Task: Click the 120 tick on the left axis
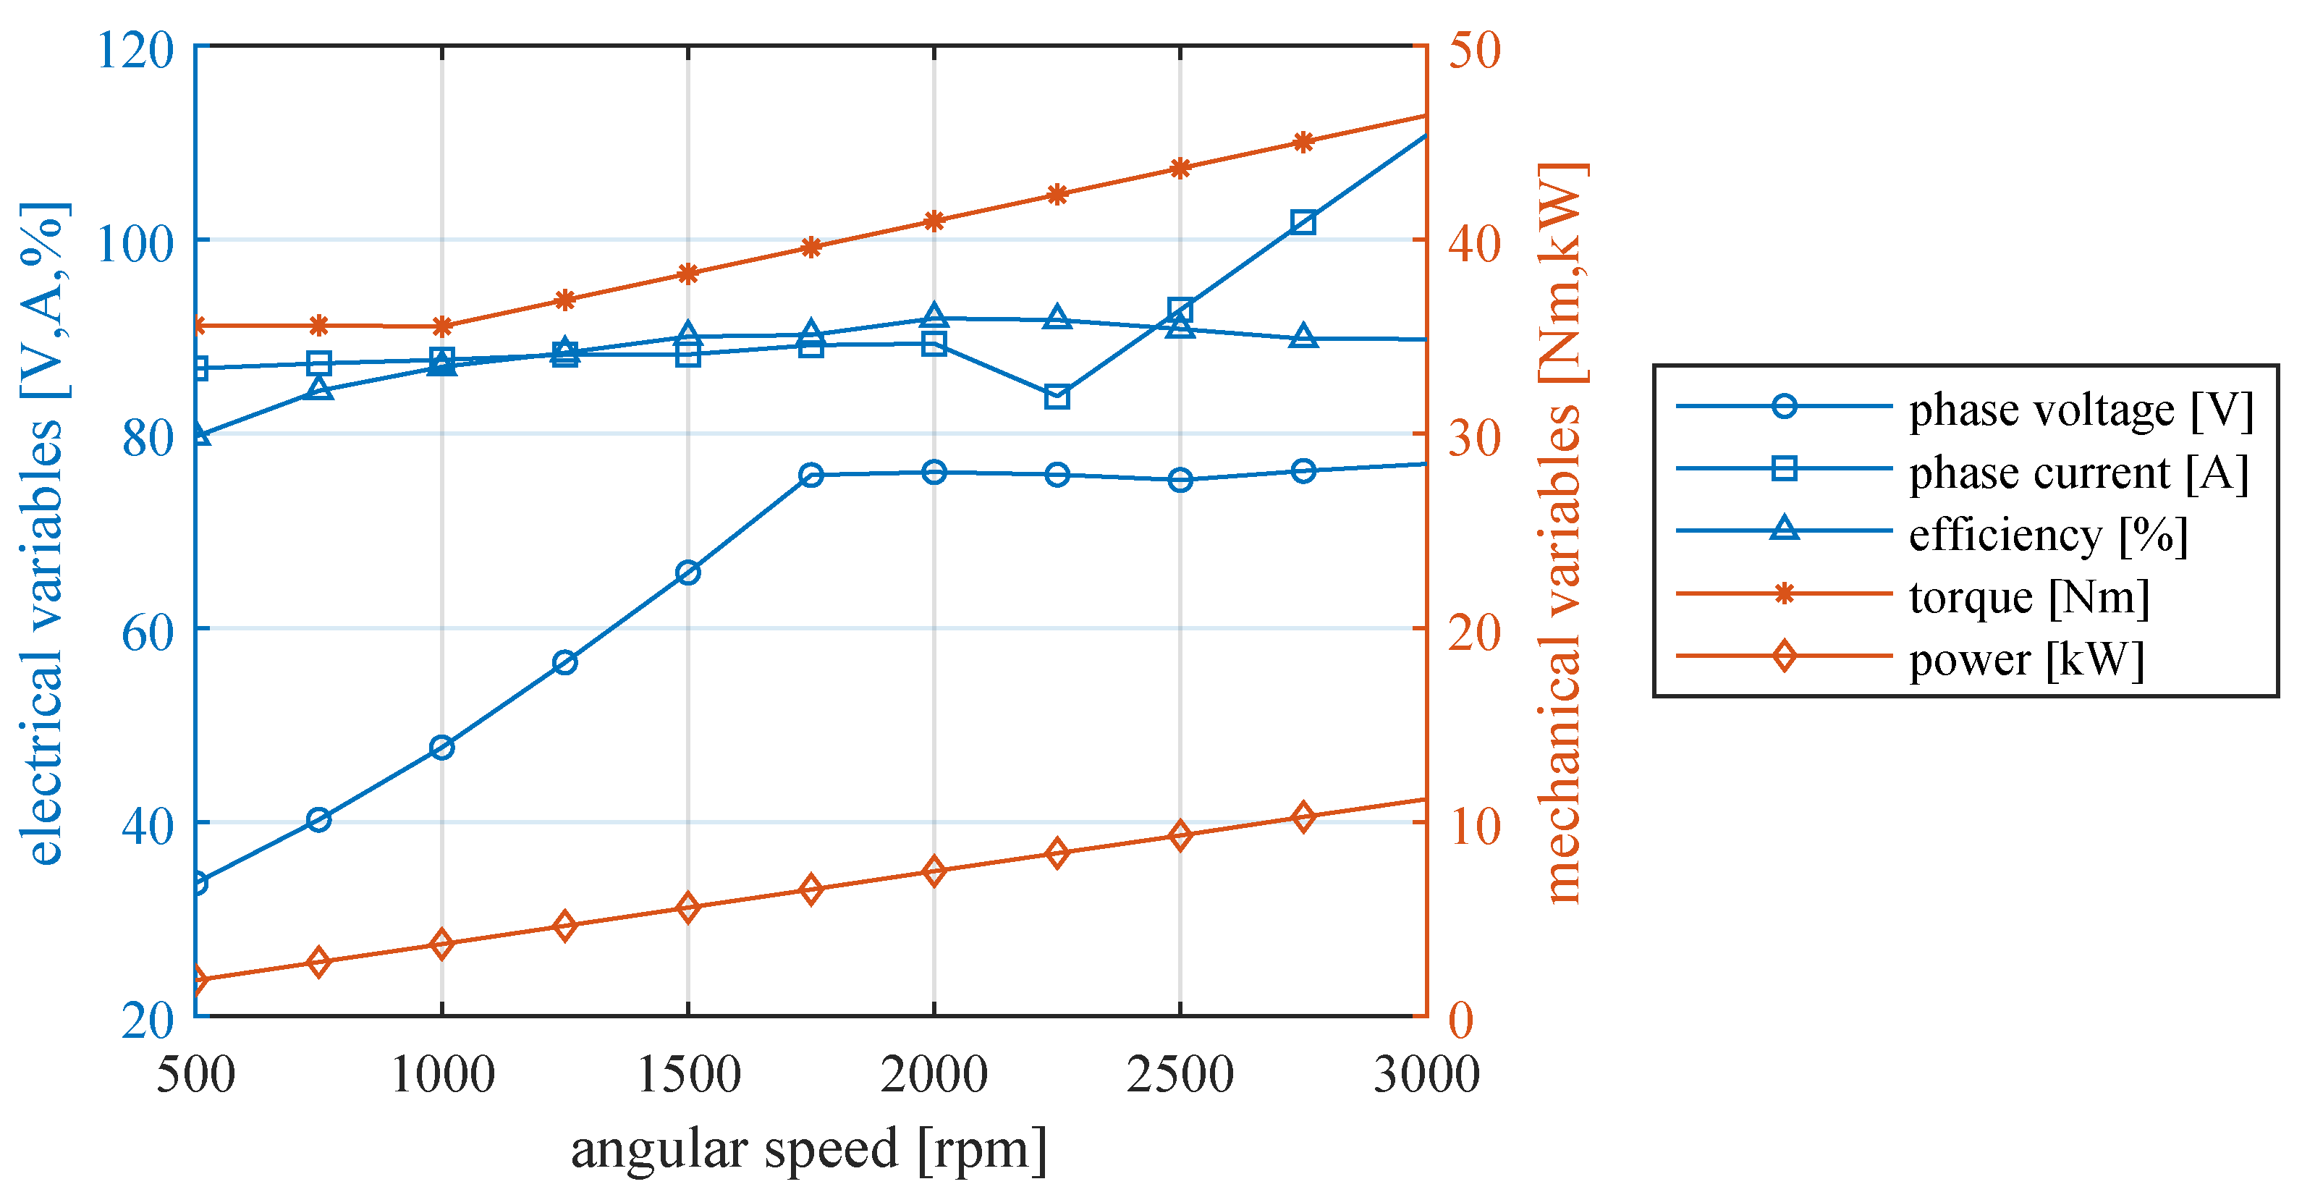coord(134,49)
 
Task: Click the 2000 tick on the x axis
coord(934,1074)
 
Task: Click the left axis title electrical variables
coord(43,534)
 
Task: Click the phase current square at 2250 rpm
coord(1057,397)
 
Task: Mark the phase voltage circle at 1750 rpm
coord(811,475)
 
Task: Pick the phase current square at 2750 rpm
coord(1303,222)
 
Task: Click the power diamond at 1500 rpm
coord(687,908)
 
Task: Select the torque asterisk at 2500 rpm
coord(1180,168)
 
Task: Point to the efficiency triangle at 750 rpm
coord(319,389)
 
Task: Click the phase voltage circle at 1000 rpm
coord(441,747)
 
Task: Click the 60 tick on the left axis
coord(147,633)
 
